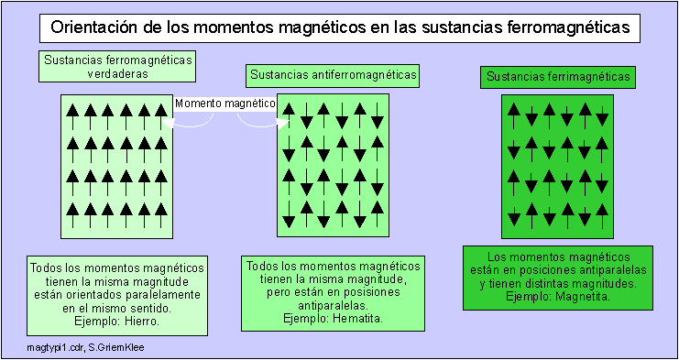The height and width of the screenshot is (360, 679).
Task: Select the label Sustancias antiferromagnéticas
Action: click(x=333, y=74)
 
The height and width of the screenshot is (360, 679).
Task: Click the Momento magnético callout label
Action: click(x=225, y=104)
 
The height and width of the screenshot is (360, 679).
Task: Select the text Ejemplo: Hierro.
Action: click(x=115, y=322)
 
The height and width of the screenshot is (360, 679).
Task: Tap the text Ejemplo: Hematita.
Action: click(x=332, y=318)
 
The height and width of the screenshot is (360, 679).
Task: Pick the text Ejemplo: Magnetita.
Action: click(x=558, y=297)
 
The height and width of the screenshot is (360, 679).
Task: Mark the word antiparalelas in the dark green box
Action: click(x=607, y=270)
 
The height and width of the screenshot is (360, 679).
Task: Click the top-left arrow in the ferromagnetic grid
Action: click(x=74, y=113)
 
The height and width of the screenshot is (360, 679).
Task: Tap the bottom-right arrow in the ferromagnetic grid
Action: click(x=159, y=214)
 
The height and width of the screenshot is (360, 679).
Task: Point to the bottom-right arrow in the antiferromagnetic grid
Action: click(x=377, y=216)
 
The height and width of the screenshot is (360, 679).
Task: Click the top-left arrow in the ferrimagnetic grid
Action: click(x=514, y=114)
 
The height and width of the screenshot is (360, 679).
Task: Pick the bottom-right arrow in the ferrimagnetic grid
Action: click(x=602, y=216)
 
